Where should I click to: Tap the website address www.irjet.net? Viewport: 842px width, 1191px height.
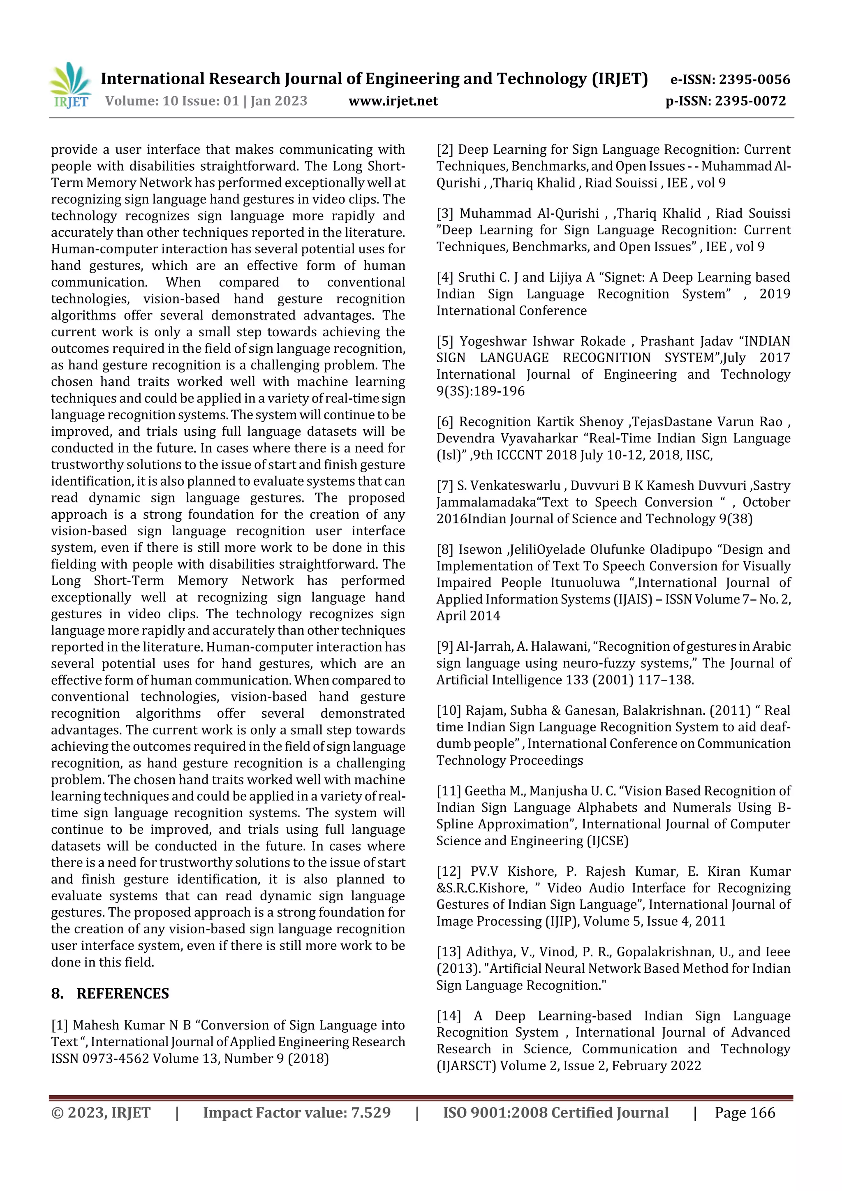coord(393,101)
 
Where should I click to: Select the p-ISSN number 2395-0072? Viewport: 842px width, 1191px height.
coord(750,101)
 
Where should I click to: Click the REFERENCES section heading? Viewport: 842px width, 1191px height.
coord(123,993)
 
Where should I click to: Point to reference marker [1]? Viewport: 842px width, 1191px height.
coord(60,1025)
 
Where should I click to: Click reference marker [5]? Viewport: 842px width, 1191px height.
coord(445,341)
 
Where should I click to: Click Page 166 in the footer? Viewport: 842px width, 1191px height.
coord(745,1112)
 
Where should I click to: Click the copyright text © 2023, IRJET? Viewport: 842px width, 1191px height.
coord(101,1112)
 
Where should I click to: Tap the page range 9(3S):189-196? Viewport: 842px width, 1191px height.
coord(480,391)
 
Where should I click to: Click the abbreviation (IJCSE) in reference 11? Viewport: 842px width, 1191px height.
coord(606,840)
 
